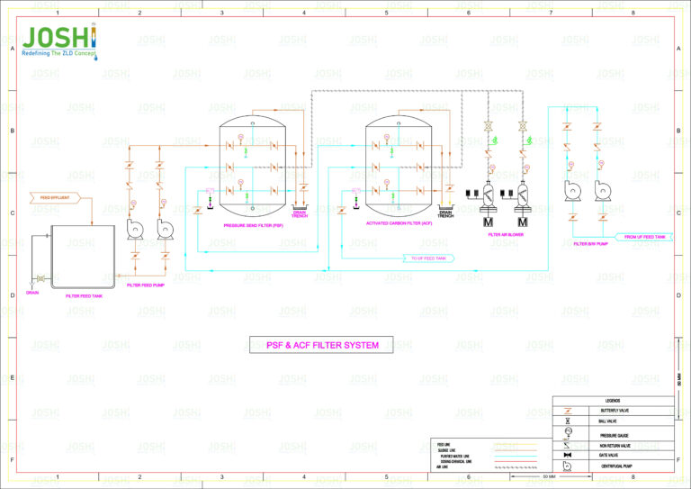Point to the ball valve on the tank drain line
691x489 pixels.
coord(40,278)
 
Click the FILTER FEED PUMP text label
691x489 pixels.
coord(146,285)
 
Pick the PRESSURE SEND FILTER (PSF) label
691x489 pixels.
coord(253,226)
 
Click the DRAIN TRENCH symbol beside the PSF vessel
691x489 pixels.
coord(300,213)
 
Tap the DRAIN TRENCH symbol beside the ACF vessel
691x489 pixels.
coord(445,213)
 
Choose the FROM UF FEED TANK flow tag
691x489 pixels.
coord(644,237)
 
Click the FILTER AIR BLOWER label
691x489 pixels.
coord(506,234)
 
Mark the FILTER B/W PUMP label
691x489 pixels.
coord(592,243)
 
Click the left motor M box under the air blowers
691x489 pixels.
coord(489,222)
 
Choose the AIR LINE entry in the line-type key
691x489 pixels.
coord(443,467)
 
